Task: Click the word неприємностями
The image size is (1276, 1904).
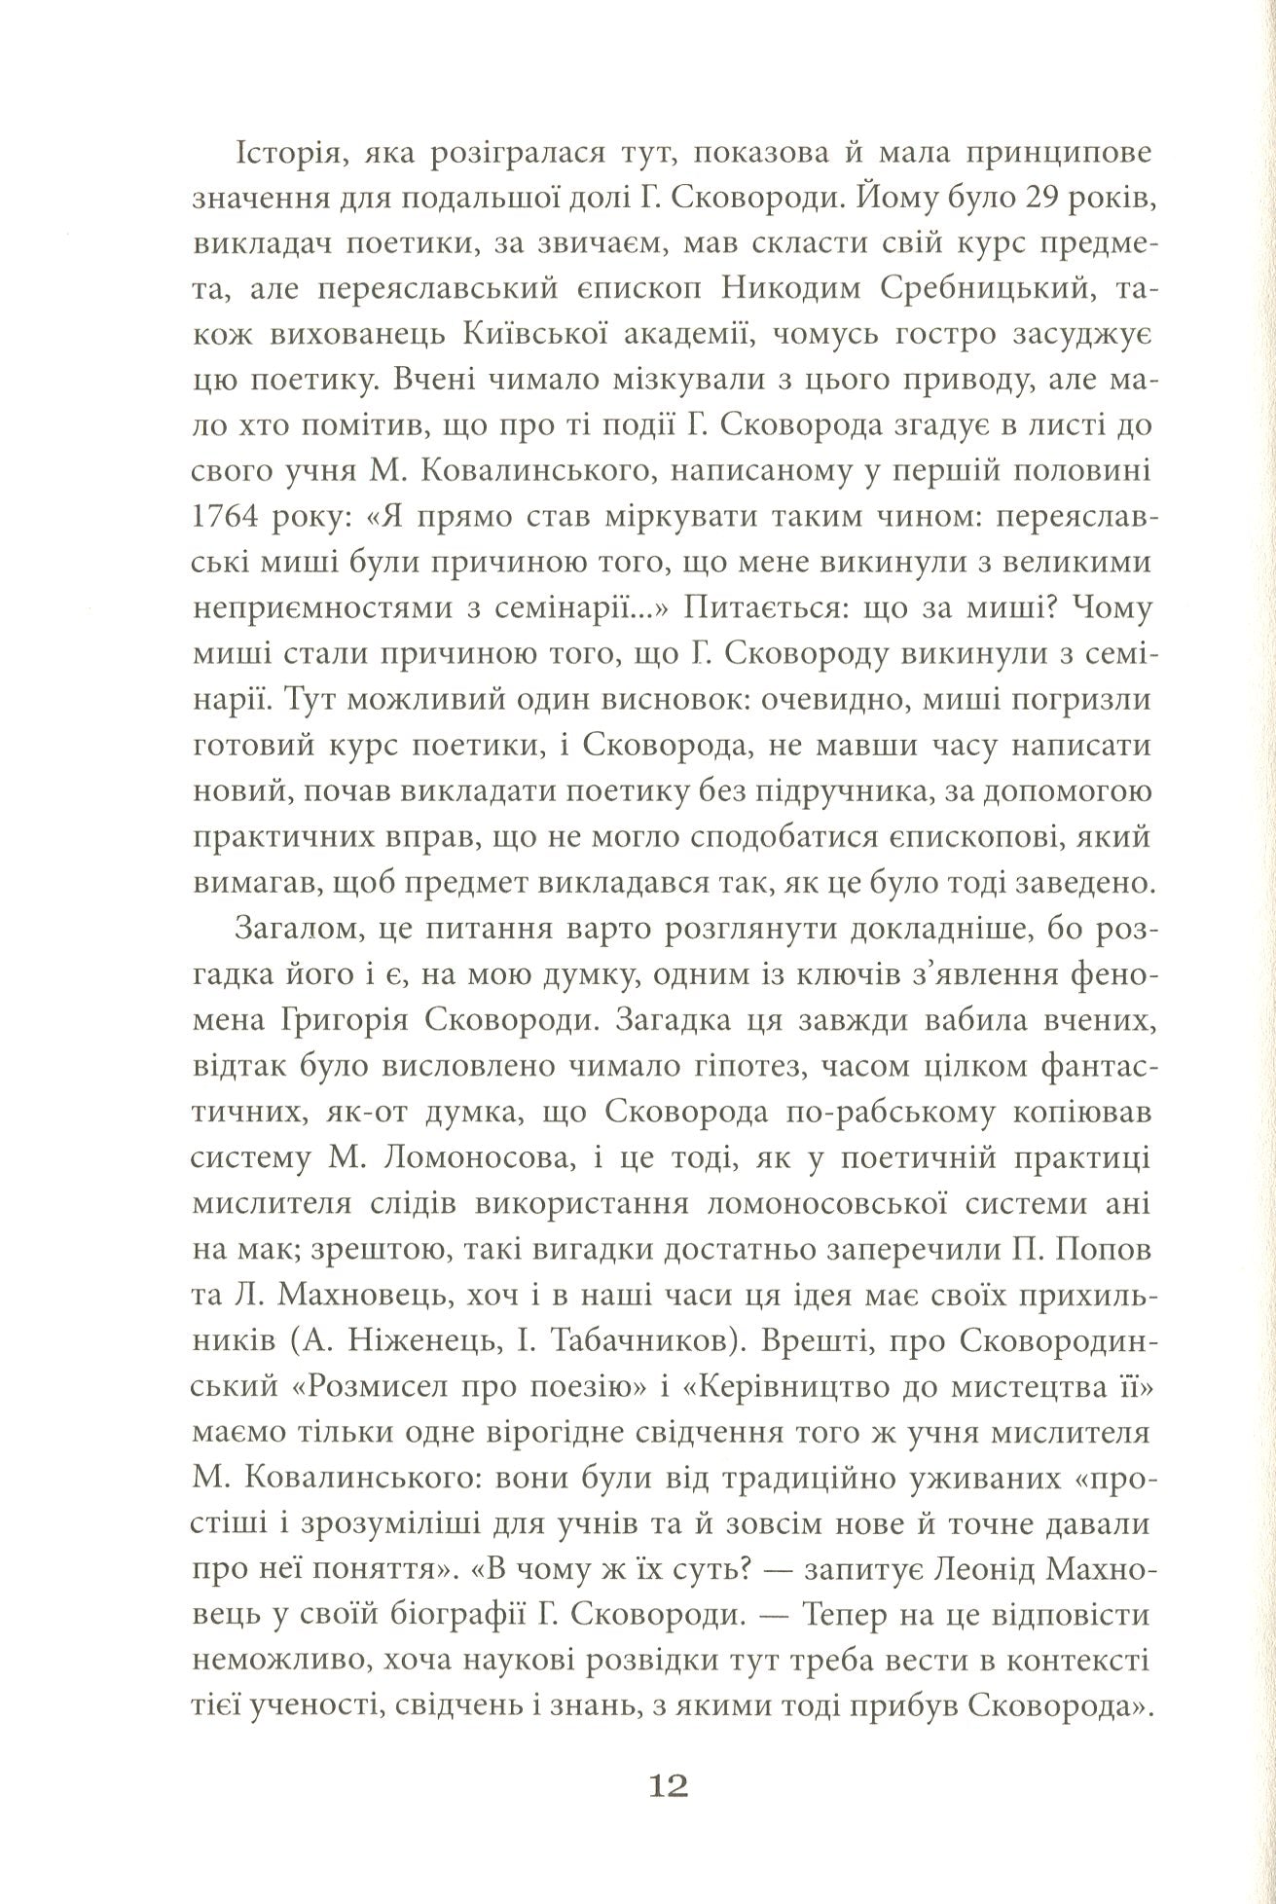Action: pos(311,608)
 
